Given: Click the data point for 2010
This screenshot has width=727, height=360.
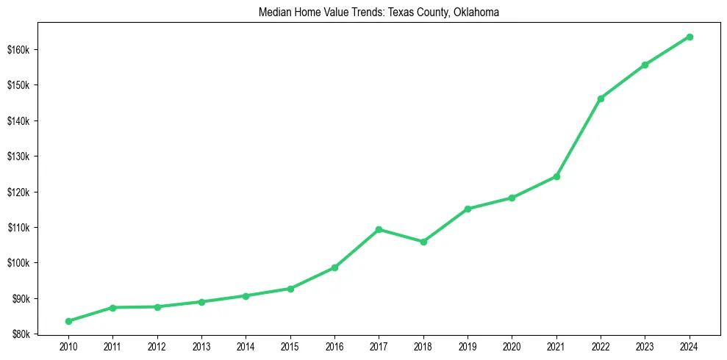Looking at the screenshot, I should [x=68, y=321].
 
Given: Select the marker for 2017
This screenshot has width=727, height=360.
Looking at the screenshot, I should [x=379, y=229].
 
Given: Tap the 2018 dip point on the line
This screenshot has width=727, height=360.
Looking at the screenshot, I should [x=423, y=242].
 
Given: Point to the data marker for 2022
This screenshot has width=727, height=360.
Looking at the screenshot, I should [x=601, y=98].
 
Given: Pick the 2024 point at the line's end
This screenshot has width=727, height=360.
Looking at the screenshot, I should [x=690, y=37].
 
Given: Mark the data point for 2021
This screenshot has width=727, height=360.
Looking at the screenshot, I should [x=556, y=176].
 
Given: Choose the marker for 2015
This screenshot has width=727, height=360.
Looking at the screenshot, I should [x=290, y=289].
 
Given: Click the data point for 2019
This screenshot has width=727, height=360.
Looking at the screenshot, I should [x=468, y=209].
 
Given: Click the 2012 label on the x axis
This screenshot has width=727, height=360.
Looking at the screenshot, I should [x=157, y=346].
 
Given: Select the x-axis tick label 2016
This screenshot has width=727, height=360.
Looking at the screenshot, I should [x=334, y=346].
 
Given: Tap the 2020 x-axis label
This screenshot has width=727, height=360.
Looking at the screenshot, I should [x=512, y=346].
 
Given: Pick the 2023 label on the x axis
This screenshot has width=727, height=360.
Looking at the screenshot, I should [x=645, y=346].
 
